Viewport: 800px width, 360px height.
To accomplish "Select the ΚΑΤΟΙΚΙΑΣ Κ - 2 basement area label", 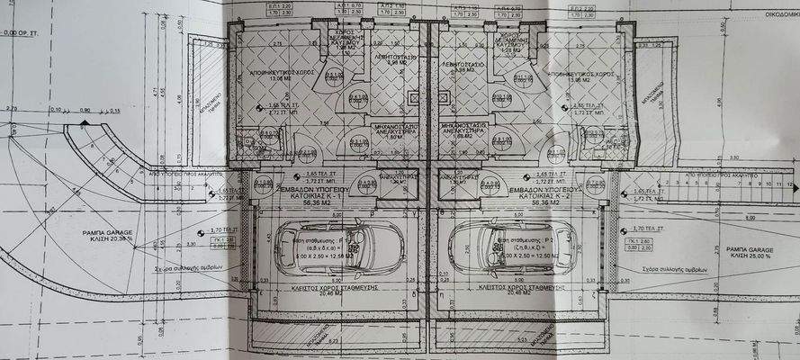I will pos(541,195).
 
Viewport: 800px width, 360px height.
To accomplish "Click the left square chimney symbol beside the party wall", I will pos(412,98).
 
